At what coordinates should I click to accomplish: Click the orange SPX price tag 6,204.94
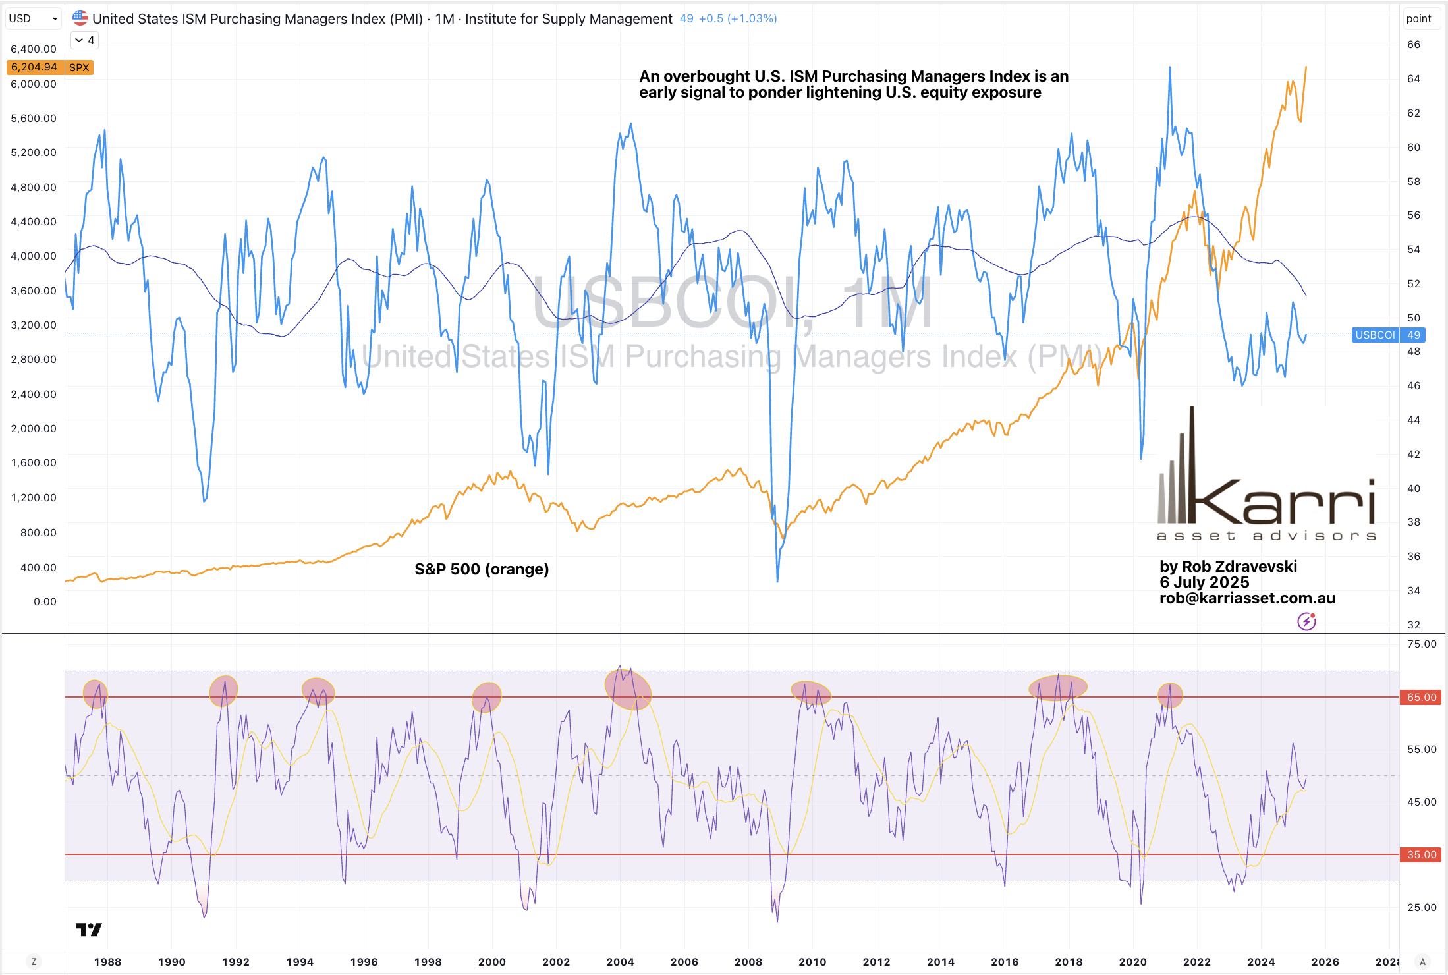click(x=34, y=67)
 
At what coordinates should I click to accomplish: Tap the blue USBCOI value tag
click(x=1389, y=335)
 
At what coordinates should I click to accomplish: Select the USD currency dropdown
click(x=33, y=18)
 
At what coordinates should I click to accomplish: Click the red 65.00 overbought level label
click(x=1421, y=697)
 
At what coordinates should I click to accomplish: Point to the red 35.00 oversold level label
click(x=1421, y=854)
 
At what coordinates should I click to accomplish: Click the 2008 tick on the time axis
click(x=748, y=962)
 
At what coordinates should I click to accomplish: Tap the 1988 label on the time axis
click(x=107, y=962)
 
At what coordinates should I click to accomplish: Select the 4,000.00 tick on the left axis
click(x=34, y=256)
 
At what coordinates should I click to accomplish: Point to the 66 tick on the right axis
click(x=1413, y=45)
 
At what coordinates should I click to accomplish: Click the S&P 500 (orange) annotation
click(x=482, y=569)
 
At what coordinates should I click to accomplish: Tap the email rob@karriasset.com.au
click(x=1247, y=598)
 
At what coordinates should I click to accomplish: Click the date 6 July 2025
click(x=1204, y=582)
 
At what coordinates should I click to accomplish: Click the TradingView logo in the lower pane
click(x=88, y=930)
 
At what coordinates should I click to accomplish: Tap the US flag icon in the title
click(x=80, y=18)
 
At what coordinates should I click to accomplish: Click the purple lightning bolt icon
click(x=1306, y=621)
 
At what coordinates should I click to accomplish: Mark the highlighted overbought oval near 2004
click(x=628, y=688)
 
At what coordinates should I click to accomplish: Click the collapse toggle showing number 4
click(x=85, y=40)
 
